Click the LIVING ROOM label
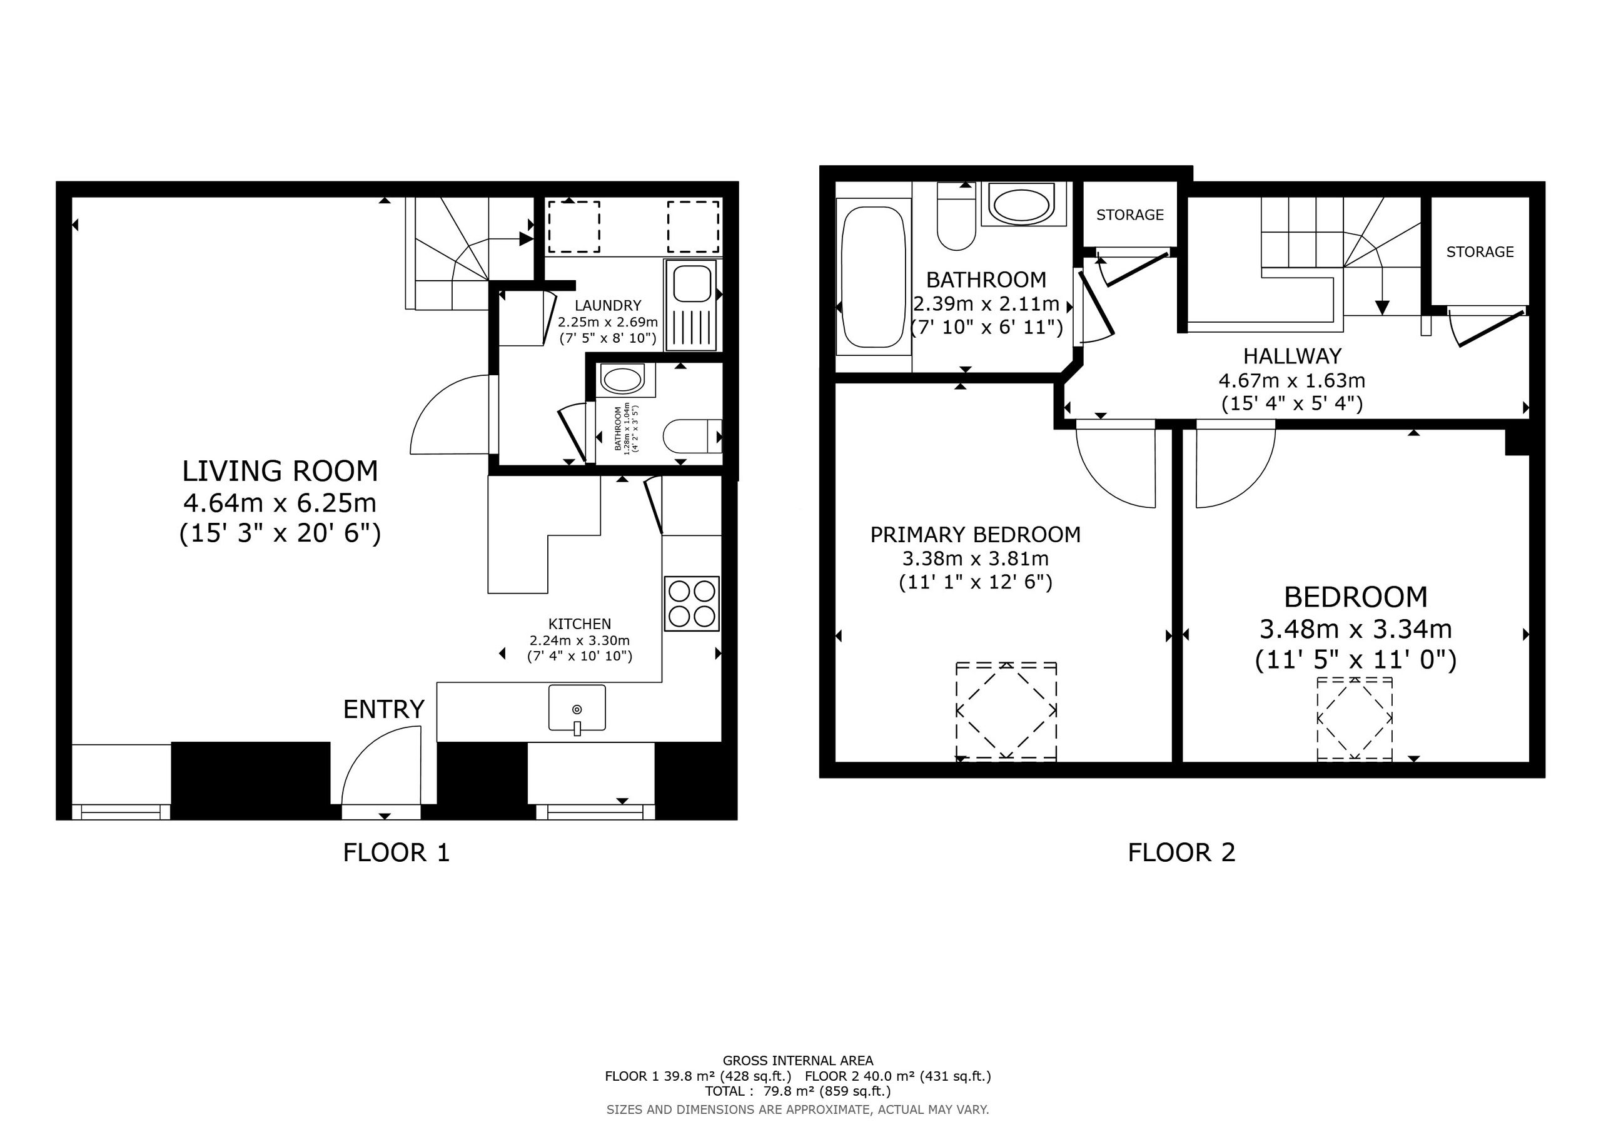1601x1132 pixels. coord(280,472)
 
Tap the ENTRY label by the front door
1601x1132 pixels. coord(383,709)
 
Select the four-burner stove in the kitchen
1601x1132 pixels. coord(692,604)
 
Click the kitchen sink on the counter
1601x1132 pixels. coord(577,709)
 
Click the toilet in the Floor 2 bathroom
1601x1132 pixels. coord(956,216)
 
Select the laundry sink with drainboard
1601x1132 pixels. coord(690,305)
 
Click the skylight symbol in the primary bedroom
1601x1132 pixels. coord(1006,710)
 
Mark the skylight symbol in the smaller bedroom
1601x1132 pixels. coord(1354,719)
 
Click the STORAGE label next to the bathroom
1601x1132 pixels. coord(1129,215)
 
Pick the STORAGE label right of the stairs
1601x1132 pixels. coord(1480,252)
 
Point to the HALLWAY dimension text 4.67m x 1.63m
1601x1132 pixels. coord(1291,381)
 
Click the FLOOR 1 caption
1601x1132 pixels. coord(396,852)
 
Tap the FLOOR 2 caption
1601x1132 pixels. coord(1181,852)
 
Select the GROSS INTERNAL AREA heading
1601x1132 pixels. coord(798,1061)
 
